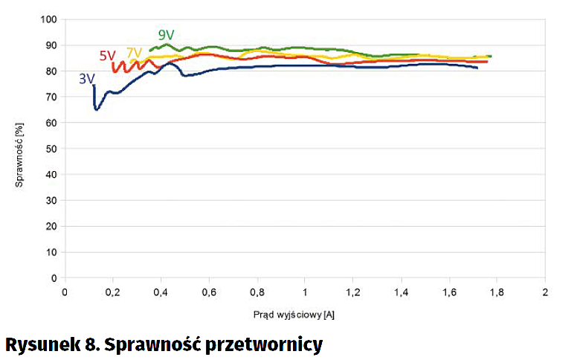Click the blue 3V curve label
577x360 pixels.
point(86,79)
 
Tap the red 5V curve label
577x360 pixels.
point(108,56)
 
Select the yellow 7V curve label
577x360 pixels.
point(134,53)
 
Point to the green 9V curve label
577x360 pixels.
point(166,35)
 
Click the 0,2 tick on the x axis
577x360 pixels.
point(113,292)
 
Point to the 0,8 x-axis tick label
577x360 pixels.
point(257,292)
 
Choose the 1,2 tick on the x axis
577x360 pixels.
point(352,292)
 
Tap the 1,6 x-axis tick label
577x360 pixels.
point(448,292)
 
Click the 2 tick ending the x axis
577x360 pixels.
point(545,292)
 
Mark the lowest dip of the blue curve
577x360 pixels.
point(97,109)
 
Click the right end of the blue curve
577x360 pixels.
point(477,68)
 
